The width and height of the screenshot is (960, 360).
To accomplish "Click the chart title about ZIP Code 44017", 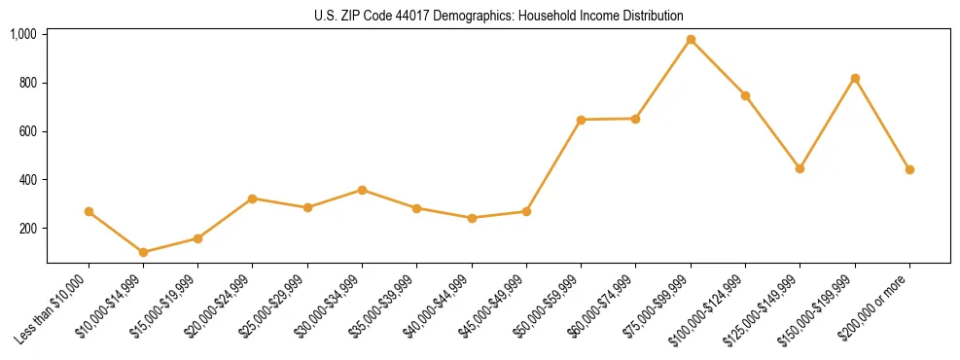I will (499, 16).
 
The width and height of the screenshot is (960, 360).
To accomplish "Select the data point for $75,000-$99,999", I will (691, 40).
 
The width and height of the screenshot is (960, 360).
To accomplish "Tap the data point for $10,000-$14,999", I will (143, 252).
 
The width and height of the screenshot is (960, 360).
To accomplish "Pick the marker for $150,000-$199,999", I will (855, 78).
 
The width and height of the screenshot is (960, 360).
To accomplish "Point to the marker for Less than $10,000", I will (89, 211).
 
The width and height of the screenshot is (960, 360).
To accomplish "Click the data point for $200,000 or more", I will (909, 169).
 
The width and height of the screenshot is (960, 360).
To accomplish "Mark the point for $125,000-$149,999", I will (800, 168).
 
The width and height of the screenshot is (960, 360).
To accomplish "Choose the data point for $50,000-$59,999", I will (581, 120).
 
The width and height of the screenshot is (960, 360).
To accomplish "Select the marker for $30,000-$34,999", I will (362, 190).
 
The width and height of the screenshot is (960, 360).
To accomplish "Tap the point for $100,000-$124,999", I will (745, 95).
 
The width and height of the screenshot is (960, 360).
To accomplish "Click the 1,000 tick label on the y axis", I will (23, 34).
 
